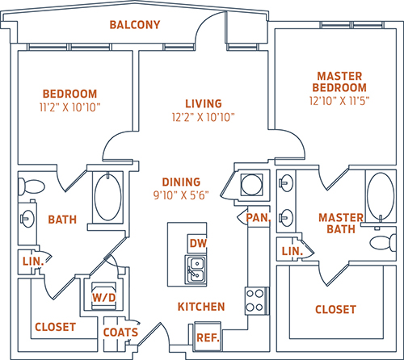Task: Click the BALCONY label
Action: pos(135,25)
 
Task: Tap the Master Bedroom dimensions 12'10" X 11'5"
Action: pos(339,101)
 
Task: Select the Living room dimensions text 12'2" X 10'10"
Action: pos(204,117)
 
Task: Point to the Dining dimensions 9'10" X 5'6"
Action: pos(181,195)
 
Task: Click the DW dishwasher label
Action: pos(198,243)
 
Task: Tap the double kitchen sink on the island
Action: pos(196,270)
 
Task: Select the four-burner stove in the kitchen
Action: pos(257,300)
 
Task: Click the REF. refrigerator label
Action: pos(208,338)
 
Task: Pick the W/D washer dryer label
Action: pos(104,298)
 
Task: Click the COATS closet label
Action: pos(120,333)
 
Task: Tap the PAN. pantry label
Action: pos(259,218)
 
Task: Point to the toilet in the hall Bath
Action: pos(31,186)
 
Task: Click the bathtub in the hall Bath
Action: pos(107,197)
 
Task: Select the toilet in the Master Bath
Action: pos(383,242)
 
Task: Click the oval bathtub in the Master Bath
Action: pos(381,196)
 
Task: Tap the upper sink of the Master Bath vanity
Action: pos(286,183)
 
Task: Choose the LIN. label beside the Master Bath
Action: pos(292,251)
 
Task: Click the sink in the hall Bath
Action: pos(27,219)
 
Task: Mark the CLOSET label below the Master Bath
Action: pos(335,310)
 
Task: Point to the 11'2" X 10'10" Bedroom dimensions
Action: pos(69,107)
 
